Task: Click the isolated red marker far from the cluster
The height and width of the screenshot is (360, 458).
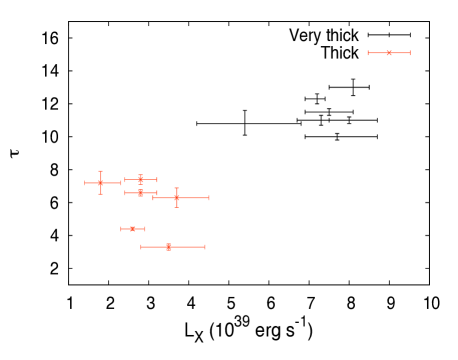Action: pyautogui.click(x=389, y=53)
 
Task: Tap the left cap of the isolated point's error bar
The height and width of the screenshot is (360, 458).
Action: pyautogui.click(x=369, y=53)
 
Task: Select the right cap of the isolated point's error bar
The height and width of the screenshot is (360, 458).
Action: pyautogui.click(x=410, y=53)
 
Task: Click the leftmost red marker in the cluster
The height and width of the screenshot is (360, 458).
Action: pyautogui.click(x=101, y=183)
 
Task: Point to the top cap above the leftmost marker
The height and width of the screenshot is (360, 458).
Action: pyautogui.click(x=101, y=172)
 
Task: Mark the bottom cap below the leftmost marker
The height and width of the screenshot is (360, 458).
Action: pyautogui.click(x=101, y=194)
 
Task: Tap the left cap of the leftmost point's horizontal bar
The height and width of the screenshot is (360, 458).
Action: pyautogui.click(x=85, y=183)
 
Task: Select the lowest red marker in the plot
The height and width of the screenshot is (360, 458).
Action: pyautogui.click(x=169, y=247)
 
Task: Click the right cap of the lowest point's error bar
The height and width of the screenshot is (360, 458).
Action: pyautogui.click(x=205, y=247)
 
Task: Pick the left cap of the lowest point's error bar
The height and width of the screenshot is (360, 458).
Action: pyautogui.click(x=141, y=247)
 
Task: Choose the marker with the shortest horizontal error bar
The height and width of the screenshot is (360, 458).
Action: pyautogui.click(x=133, y=229)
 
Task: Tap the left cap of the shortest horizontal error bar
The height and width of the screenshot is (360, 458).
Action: pyautogui.click(x=122, y=229)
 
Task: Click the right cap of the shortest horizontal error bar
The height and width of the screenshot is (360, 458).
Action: pyautogui.click(x=145, y=229)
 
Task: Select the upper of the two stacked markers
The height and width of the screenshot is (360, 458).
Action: pyautogui.click(x=141, y=180)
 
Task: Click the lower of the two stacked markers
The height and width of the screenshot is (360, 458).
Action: pyautogui.click(x=141, y=193)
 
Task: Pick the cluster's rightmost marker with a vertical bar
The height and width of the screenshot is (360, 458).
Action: pyautogui.click(x=177, y=198)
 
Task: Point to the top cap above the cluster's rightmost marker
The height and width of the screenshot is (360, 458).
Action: pyautogui.click(x=177, y=188)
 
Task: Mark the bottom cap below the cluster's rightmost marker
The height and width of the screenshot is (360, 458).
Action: pyautogui.click(x=177, y=207)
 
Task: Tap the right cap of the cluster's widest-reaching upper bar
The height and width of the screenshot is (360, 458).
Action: pyautogui.click(x=209, y=198)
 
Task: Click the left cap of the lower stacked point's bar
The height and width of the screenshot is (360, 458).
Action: pyautogui.click(x=125, y=193)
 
